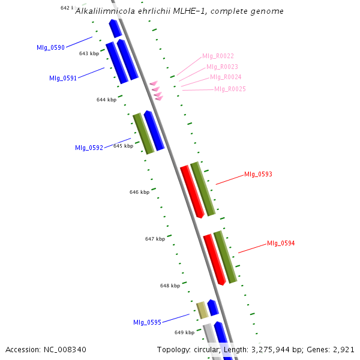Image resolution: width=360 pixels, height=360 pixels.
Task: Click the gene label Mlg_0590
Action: click(x=50, y=47)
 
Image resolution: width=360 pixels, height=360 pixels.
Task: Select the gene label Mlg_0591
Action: click(x=63, y=78)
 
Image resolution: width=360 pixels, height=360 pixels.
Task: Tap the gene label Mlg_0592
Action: click(x=89, y=147)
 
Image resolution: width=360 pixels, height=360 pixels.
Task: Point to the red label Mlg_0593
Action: click(x=258, y=175)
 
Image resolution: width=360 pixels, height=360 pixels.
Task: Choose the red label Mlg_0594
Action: click(x=281, y=243)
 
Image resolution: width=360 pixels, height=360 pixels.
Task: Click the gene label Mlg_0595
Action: click(x=147, y=322)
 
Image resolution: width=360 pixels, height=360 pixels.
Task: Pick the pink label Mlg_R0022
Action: click(x=218, y=56)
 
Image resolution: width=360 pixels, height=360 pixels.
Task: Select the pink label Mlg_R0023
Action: click(x=222, y=67)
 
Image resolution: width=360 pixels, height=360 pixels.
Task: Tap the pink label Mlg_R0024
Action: click(x=226, y=77)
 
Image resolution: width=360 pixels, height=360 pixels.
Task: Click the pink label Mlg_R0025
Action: click(x=230, y=89)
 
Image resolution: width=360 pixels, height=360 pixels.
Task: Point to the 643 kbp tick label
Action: click(x=89, y=53)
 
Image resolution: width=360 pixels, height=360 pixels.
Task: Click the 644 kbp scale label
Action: click(x=106, y=100)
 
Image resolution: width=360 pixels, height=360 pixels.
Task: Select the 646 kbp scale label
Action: click(x=139, y=192)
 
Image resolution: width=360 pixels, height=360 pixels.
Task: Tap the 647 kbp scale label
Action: click(x=155, y=239)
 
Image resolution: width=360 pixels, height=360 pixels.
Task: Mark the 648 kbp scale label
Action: click(x=170, y=286)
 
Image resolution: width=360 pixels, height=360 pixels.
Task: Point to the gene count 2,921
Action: click(x=343, y=349)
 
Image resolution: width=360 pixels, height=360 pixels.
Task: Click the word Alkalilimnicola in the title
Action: click(x=103, y=11)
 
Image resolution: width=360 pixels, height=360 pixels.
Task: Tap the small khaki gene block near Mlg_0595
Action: click(x=203, y=310)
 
